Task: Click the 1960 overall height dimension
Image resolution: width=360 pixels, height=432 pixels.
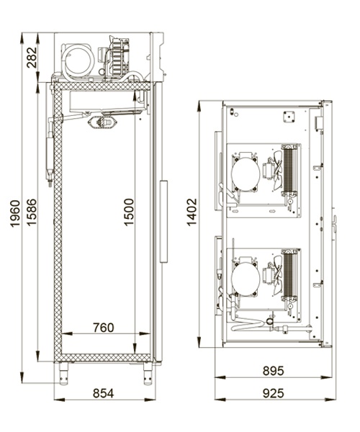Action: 15,214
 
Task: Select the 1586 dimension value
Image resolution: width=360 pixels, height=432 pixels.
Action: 32,212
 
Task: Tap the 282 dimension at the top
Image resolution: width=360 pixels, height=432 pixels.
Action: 32,58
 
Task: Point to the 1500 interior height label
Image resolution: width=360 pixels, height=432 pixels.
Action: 129,212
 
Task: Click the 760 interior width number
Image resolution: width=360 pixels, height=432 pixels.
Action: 103,328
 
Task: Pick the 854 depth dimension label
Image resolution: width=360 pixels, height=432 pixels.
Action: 103,393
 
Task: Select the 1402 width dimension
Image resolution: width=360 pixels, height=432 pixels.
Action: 192,212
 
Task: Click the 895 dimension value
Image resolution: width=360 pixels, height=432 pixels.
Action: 273,371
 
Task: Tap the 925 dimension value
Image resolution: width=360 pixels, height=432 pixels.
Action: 273,393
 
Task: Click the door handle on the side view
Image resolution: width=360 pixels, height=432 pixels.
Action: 163,222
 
